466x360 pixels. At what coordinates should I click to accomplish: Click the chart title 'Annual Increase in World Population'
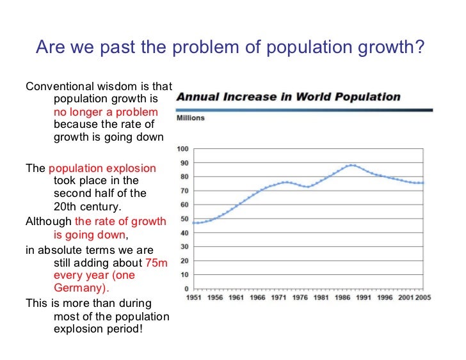288,98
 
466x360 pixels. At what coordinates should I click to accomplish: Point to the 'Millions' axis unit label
190,118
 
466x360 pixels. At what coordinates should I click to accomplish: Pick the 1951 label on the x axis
195,299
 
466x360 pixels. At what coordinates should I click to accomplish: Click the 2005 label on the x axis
423,299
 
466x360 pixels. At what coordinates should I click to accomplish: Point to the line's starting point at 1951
193,223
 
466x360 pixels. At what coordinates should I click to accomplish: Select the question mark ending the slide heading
419,48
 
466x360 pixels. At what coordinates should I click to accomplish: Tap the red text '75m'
156,263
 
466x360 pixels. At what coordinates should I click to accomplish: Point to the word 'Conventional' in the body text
56,87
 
